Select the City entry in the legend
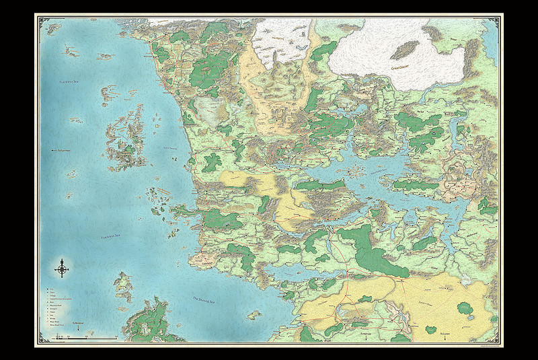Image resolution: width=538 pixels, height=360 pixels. (x=51, y=289)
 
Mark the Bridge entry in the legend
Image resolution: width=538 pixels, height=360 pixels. (x=52, y=318)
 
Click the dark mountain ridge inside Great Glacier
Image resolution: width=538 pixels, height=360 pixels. (x=403, y=49)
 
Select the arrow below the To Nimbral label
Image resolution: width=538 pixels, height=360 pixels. (x=78, y=329)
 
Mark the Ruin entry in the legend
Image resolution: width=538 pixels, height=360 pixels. (x=52, y=302)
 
